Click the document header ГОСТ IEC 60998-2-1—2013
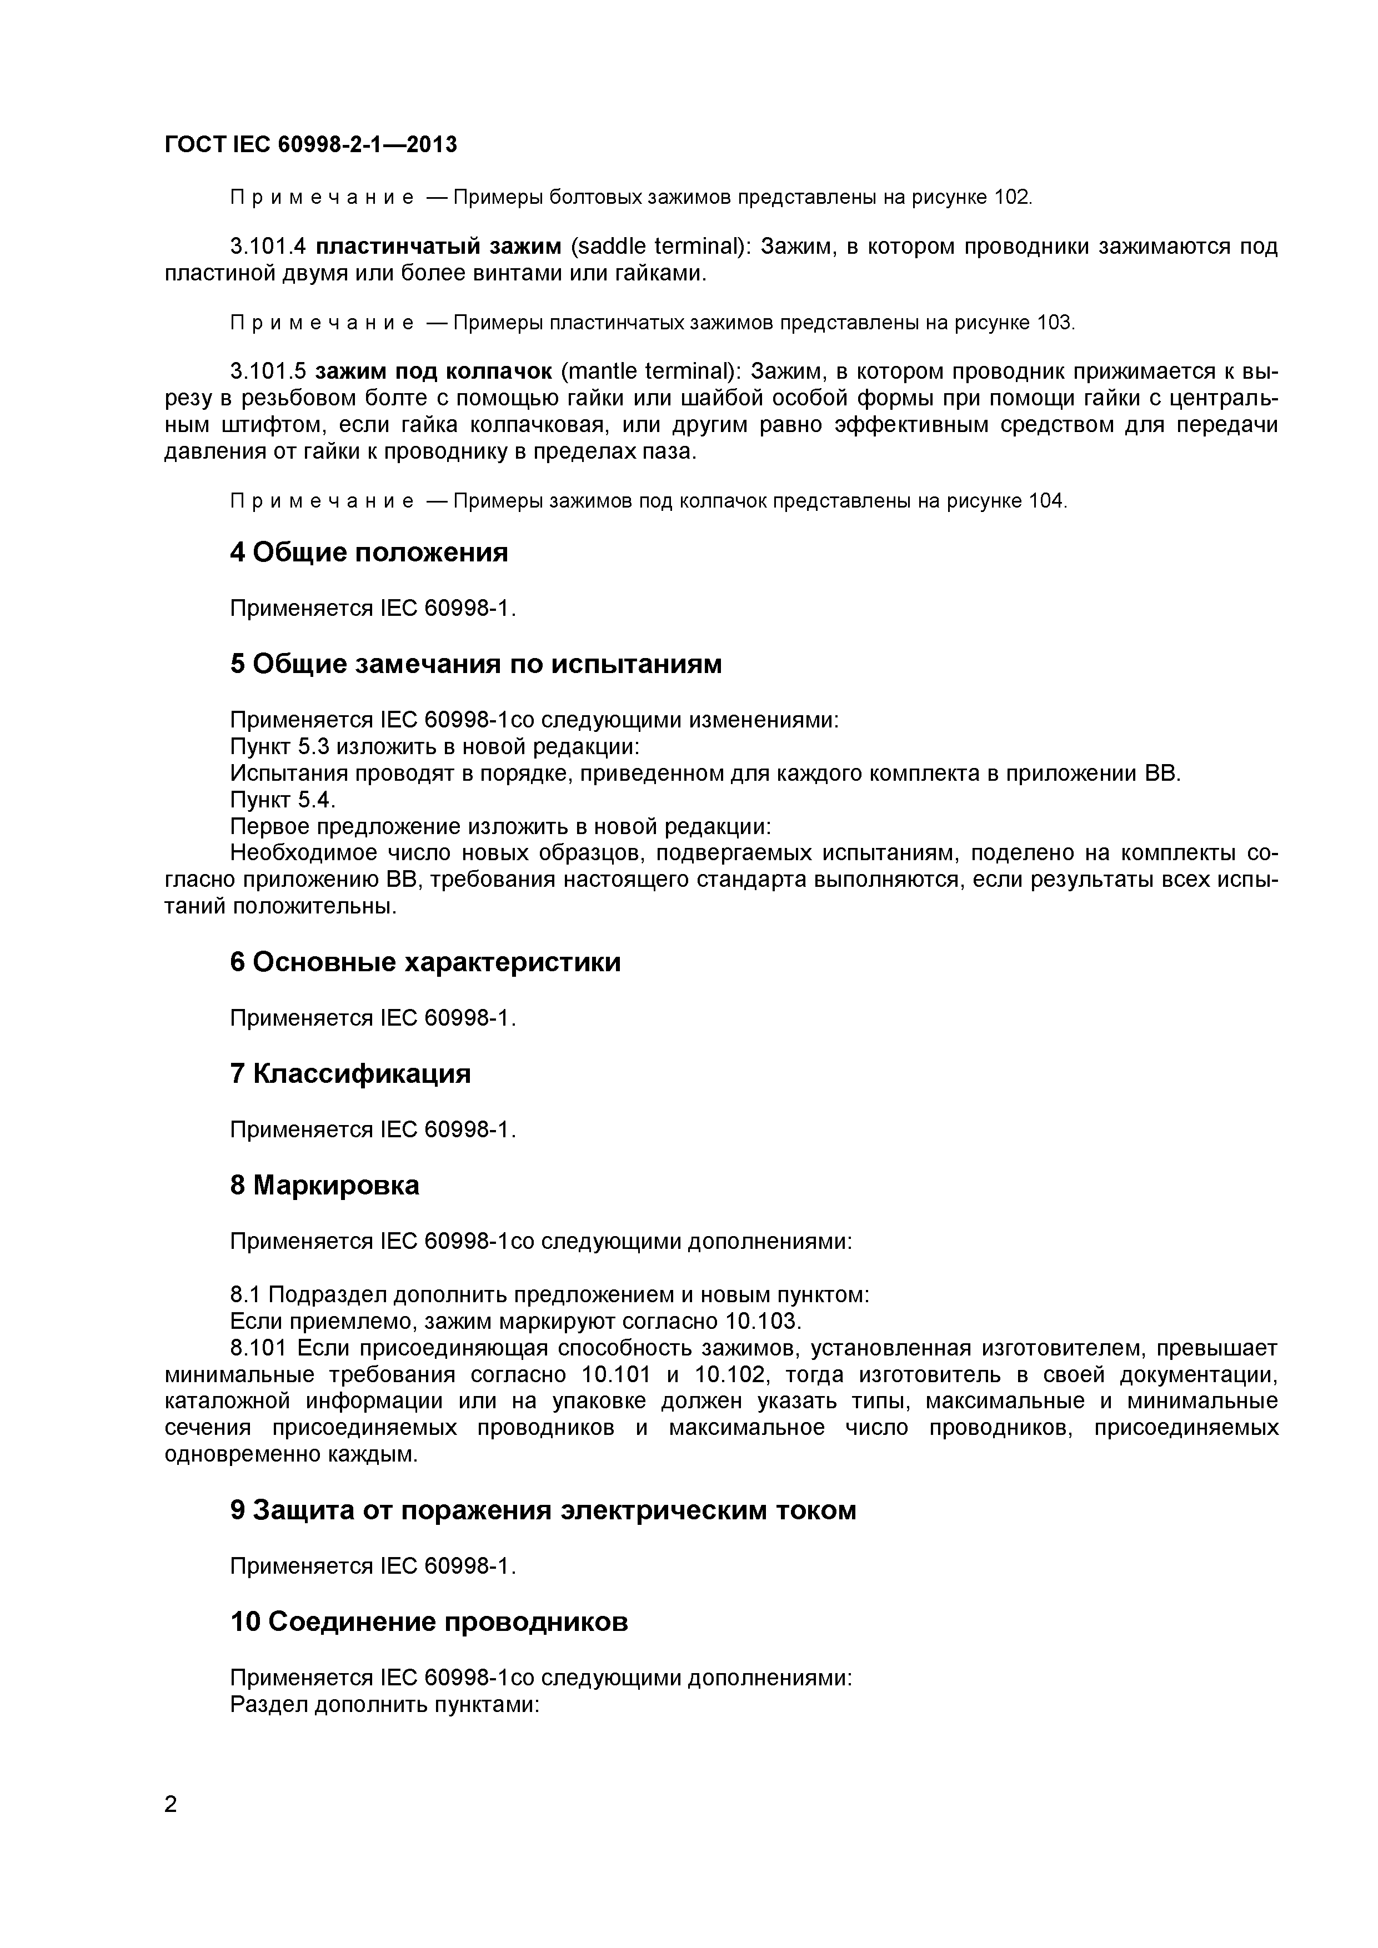pos(310,145)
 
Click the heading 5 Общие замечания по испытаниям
pos(475,664)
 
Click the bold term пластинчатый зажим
pos(438,247)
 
